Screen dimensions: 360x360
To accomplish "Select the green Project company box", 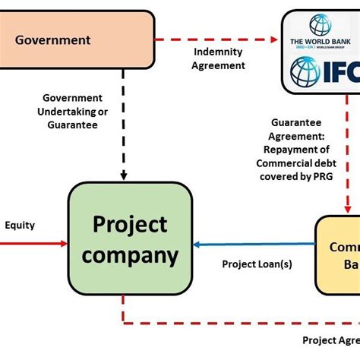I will [x=130, y=239].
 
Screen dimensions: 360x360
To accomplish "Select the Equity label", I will [x=20, y=225].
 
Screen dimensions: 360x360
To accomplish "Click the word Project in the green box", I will [x=130, y=225].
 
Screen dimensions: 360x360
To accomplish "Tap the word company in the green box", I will [x=130, y=255].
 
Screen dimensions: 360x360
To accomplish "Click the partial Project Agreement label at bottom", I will [x=330, y=339].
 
